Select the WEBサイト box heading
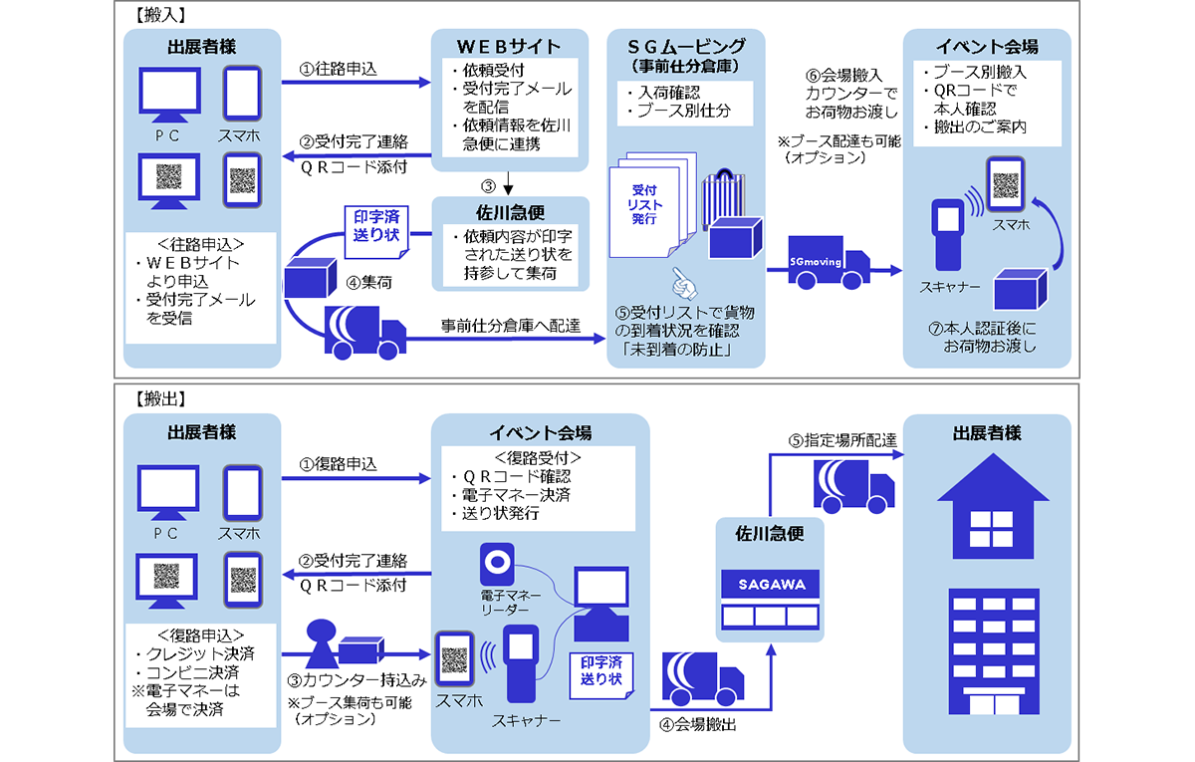[509, 46]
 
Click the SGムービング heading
[687, 46]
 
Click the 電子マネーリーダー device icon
[497, 563]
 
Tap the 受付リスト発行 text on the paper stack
[646, 204]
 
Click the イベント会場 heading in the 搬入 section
[986, 46]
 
